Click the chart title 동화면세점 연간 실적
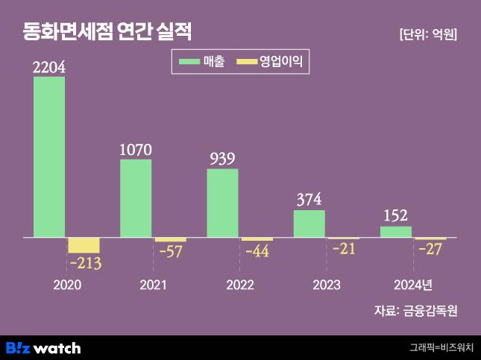point(107,31)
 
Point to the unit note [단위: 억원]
point(428,34)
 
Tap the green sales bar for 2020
point(49,157)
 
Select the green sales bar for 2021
point(136,198)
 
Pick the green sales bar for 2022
point(222,203)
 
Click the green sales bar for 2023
point(309,224)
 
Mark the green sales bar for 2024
point(395,232)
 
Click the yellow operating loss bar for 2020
point(84,245)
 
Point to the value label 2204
point(49,67)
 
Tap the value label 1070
point(136,150)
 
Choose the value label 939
point(222,159)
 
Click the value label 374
point(309,200)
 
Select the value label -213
point(84,263)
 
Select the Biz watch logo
point(43,348)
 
